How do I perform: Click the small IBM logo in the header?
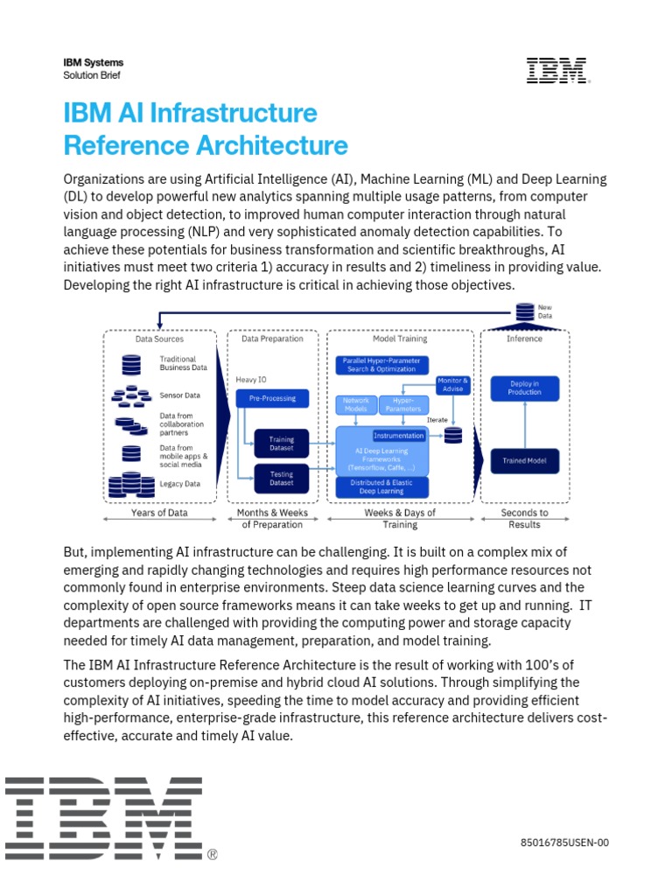point(557,71)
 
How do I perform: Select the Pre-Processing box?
point(273,398)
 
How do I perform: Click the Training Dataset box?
point(281,444)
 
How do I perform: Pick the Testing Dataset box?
point(281,478)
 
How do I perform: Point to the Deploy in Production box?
point(524,388)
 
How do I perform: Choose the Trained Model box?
point(524,460)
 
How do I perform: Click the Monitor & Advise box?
point(453,385)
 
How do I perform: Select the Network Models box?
point(355,404)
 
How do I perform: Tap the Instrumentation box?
point(399,435)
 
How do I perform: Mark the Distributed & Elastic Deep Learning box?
point(382,486)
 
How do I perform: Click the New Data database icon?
point(524,311)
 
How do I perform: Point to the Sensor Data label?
point(179,395)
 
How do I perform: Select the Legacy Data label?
point(179,484)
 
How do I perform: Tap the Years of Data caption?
point(160,513)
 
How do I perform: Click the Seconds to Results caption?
point(524,518)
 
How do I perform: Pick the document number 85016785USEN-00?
point(563,843)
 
